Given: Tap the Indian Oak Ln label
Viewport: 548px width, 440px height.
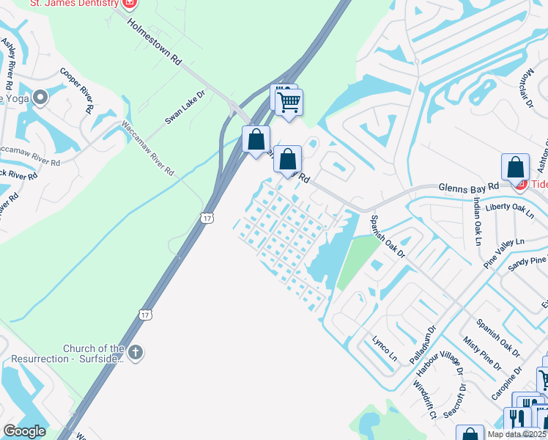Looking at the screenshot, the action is [478, 221].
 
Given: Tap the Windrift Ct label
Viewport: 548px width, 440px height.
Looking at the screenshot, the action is [424, 400].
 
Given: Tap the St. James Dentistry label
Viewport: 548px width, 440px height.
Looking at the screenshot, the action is [73, 3].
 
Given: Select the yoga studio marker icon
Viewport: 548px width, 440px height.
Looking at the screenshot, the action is [40, 97].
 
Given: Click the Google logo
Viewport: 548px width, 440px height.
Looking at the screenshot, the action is [24, 431].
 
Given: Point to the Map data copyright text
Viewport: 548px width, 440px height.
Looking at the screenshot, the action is [517, 434].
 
